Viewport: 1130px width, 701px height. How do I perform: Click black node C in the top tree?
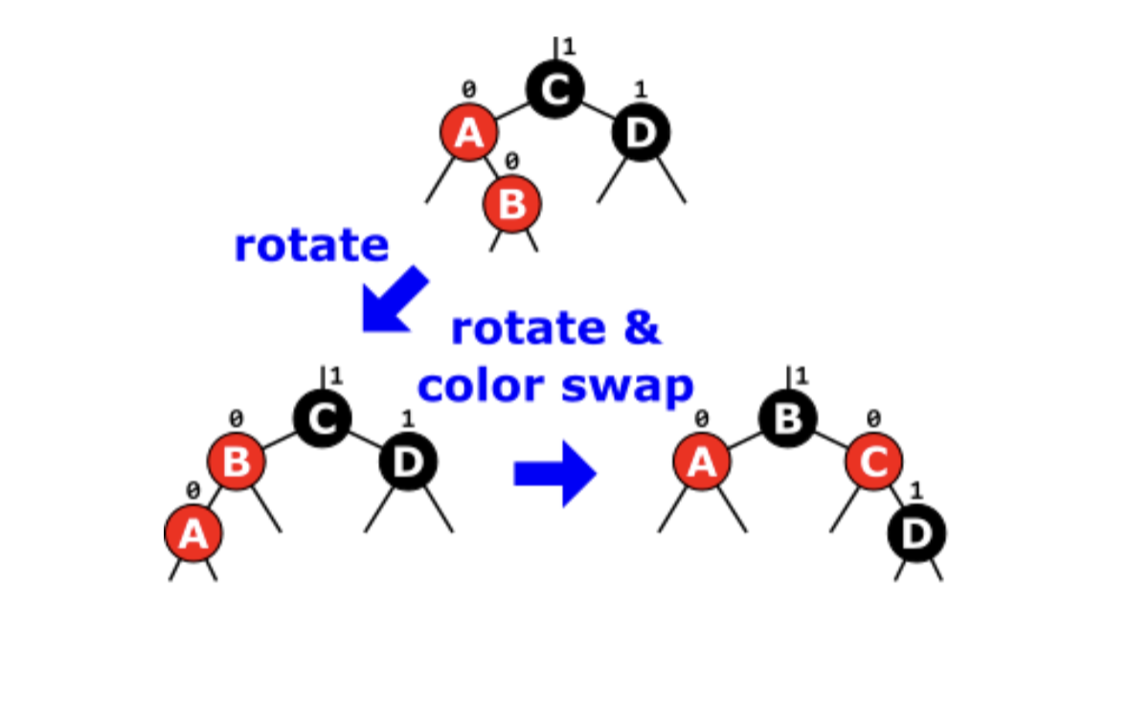(x=554, y=90)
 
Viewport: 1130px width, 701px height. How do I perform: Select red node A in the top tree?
(x=468, y=133)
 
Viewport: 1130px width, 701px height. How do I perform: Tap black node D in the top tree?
(x=641, y=133)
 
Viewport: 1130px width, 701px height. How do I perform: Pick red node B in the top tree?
(x=512, y=203)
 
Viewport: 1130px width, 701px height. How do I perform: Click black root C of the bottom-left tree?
(x=323, y=418)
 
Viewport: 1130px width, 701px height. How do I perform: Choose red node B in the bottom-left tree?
(x=237, y=462)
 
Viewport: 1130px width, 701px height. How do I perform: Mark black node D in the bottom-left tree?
(x=408, y=462)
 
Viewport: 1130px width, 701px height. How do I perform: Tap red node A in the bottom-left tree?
(x=193, y=532)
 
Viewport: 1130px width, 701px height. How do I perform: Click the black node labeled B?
(x=787, y=418)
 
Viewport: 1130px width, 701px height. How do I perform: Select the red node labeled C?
(x=873, y=462)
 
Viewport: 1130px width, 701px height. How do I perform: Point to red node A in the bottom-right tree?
(x=702, y=462)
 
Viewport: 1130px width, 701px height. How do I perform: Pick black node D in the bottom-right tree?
(x=916, y=532)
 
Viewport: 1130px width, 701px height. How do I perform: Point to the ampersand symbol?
(x=641, y=328)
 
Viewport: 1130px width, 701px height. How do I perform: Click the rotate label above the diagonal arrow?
(x=311, y=245)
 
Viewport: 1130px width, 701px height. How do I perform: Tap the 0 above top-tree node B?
(x=512, y=161)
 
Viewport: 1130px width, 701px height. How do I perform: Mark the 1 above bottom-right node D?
(x=915, y=490)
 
